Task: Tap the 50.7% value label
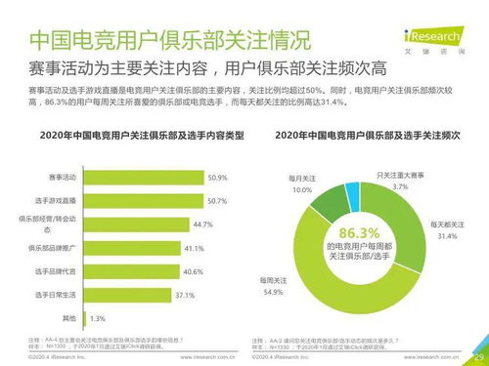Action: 218,200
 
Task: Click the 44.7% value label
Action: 202,224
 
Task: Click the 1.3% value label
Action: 98,318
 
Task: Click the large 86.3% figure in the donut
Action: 357,233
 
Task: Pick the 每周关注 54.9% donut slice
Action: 333,283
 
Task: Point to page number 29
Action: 477,357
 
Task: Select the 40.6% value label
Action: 193,271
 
